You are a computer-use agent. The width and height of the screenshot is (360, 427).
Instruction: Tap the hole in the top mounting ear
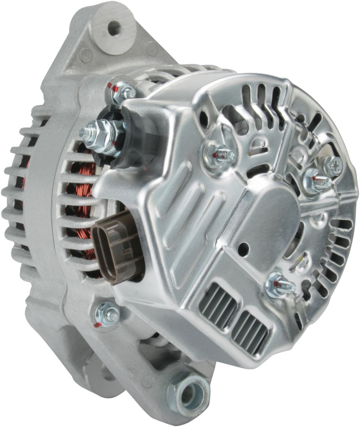click(114, 28)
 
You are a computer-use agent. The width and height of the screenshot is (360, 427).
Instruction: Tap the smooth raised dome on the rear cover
click(271, 217)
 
